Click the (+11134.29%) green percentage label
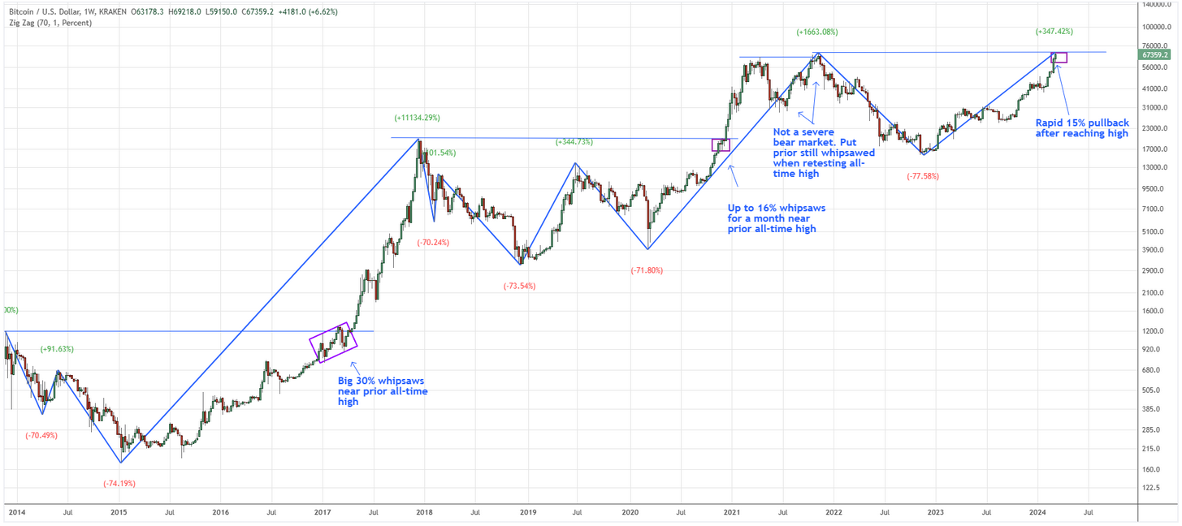pyautogui.click(x=418, y=118)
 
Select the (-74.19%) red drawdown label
pyautogui.click(x=119, y=484)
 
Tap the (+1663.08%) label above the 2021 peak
pyautogui.click(x=816, y=32)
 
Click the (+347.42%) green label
pyautogui.click(x=1054, y=32)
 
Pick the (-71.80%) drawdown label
pyautogui.click(x=647, y=270)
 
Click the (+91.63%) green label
pyautogui.click(x=57, y=349)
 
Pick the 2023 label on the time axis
pyautogui.click(x=935, y=512)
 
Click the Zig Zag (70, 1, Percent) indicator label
pyautogui.click(x=50, y=23)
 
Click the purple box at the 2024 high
pyautogui.click(x=1059, y=58)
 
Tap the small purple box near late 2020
pyautogui.click(x=721, y=145)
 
